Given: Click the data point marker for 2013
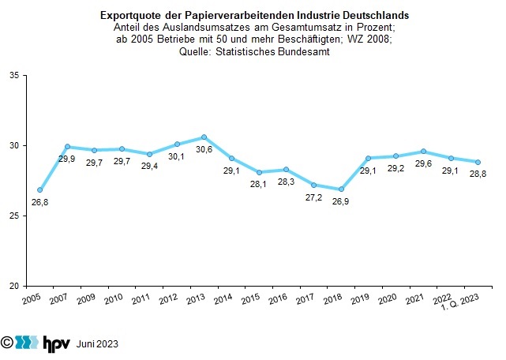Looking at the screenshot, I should tap(204, 137).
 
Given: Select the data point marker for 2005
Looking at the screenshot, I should tap(39, 190).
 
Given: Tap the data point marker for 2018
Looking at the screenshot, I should tap(341, 189).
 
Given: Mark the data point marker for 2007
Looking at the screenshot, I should tap(67, 146).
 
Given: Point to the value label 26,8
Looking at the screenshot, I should tap(39, 203).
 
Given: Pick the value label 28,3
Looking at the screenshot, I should tap(287, 182).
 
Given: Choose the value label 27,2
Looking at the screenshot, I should tap(313, 197).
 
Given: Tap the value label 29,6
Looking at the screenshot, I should tap(423, 164).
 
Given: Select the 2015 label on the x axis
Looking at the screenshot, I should tap(251, 301).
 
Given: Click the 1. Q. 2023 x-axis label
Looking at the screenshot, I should tap(462, 304).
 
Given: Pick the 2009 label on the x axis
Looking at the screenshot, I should tap(88, 301).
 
